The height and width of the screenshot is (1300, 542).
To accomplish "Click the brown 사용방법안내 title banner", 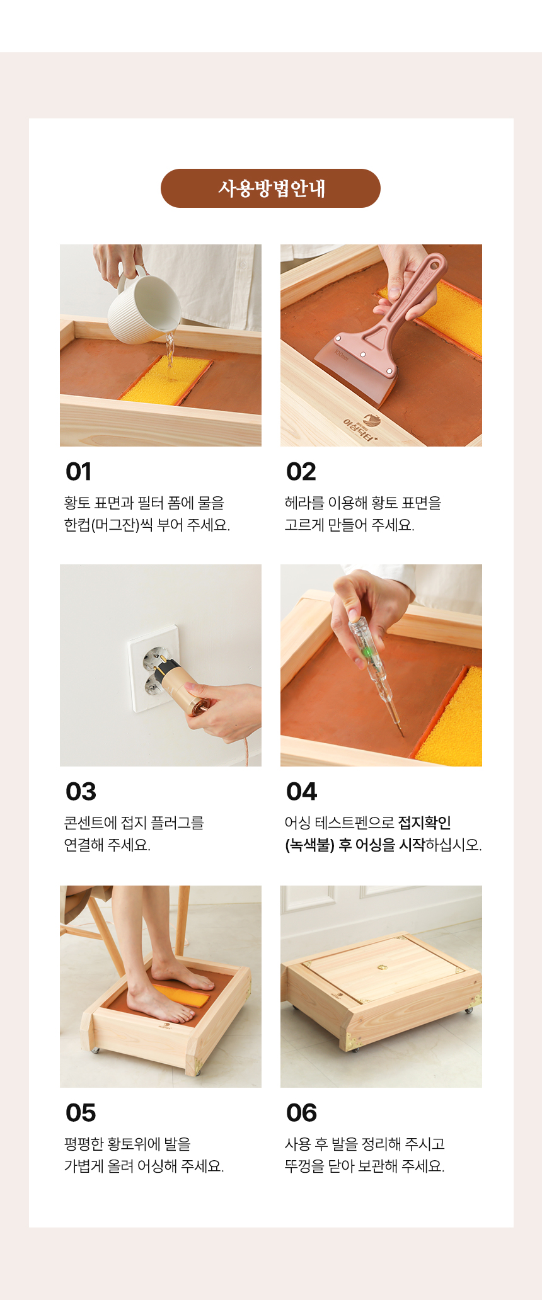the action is click(x=270, y=188).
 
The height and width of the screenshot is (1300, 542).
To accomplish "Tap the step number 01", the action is click(x=79, y=472).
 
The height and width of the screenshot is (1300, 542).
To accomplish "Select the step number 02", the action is click(x=301, y=472).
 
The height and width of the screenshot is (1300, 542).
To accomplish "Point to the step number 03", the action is click(x=81, y=792).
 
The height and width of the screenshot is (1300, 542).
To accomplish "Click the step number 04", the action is click(x=302, y=792).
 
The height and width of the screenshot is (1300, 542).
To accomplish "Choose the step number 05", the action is click(x=81, y=1113).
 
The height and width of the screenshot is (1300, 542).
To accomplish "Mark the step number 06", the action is click(x=302, y=1113).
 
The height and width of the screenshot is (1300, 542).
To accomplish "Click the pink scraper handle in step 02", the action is click(x=410, y=290).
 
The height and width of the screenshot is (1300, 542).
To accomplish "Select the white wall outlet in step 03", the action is click(x=153, y=668).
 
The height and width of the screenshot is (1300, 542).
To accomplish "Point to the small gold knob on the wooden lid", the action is click(x=382, y=967).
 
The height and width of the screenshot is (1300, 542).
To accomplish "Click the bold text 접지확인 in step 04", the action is click(x=425, y=823).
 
